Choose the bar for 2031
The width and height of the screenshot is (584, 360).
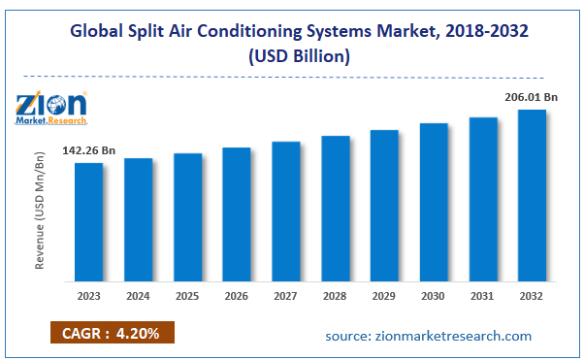482,198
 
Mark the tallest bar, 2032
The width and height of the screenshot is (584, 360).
532,194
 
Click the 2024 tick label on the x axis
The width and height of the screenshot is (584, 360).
138,295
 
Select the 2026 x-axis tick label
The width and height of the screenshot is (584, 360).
237,295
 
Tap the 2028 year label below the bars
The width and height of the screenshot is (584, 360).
335,295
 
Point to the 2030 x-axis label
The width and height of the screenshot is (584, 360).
434,295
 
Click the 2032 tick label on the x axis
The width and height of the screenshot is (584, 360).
532,295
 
